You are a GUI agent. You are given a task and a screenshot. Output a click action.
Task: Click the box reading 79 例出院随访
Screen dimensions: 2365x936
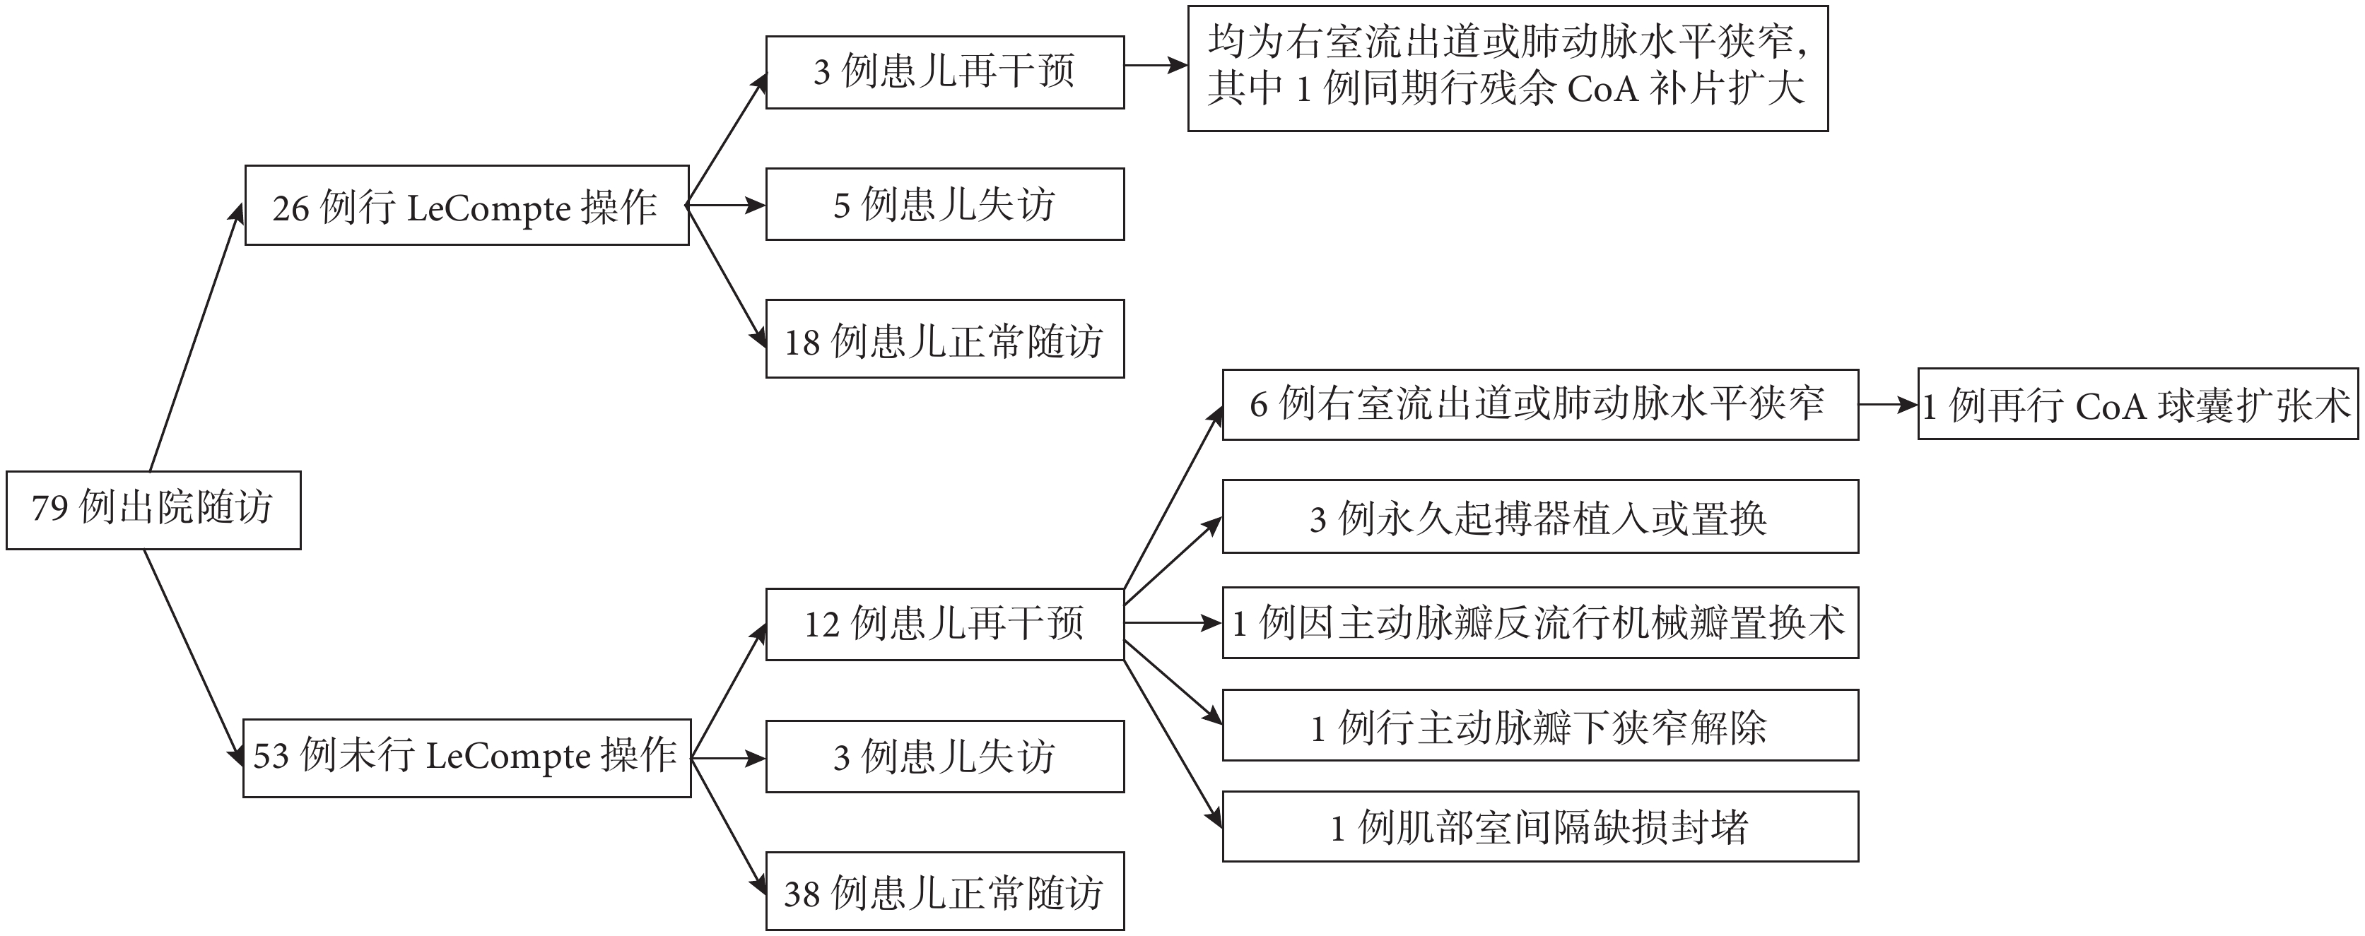point(153,510)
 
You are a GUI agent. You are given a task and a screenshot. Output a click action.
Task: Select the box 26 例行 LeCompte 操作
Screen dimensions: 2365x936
point(466,206)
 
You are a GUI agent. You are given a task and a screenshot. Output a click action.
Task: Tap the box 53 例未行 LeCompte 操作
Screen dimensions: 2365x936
point(466,758)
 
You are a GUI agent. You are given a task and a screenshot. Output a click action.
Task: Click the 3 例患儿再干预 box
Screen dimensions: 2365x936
point(945,73)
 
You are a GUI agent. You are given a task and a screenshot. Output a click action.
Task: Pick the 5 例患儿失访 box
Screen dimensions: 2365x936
point(945,203)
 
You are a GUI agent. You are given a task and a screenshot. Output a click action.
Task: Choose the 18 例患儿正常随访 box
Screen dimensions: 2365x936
point(945,338)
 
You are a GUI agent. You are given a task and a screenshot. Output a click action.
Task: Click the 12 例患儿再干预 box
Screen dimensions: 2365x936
point(945,624)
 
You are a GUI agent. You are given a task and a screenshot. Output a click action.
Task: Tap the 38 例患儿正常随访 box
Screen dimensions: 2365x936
point(945,891)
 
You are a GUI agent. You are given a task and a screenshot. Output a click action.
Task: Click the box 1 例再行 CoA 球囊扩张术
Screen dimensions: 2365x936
point(2137,405)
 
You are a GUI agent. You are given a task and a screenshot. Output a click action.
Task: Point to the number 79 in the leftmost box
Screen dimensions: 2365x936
point(49,507)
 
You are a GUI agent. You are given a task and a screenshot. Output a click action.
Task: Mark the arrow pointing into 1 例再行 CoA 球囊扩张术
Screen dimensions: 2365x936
point(1889,405)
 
